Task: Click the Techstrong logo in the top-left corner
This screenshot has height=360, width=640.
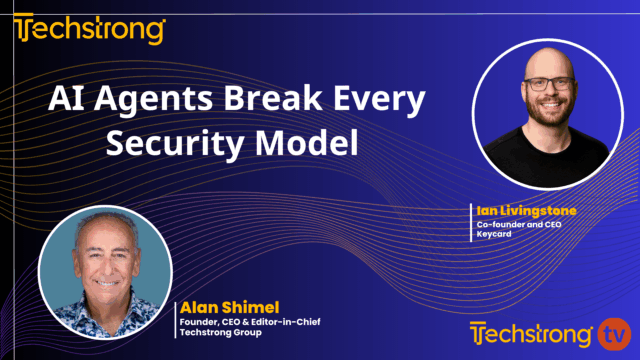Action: (89, 29)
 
